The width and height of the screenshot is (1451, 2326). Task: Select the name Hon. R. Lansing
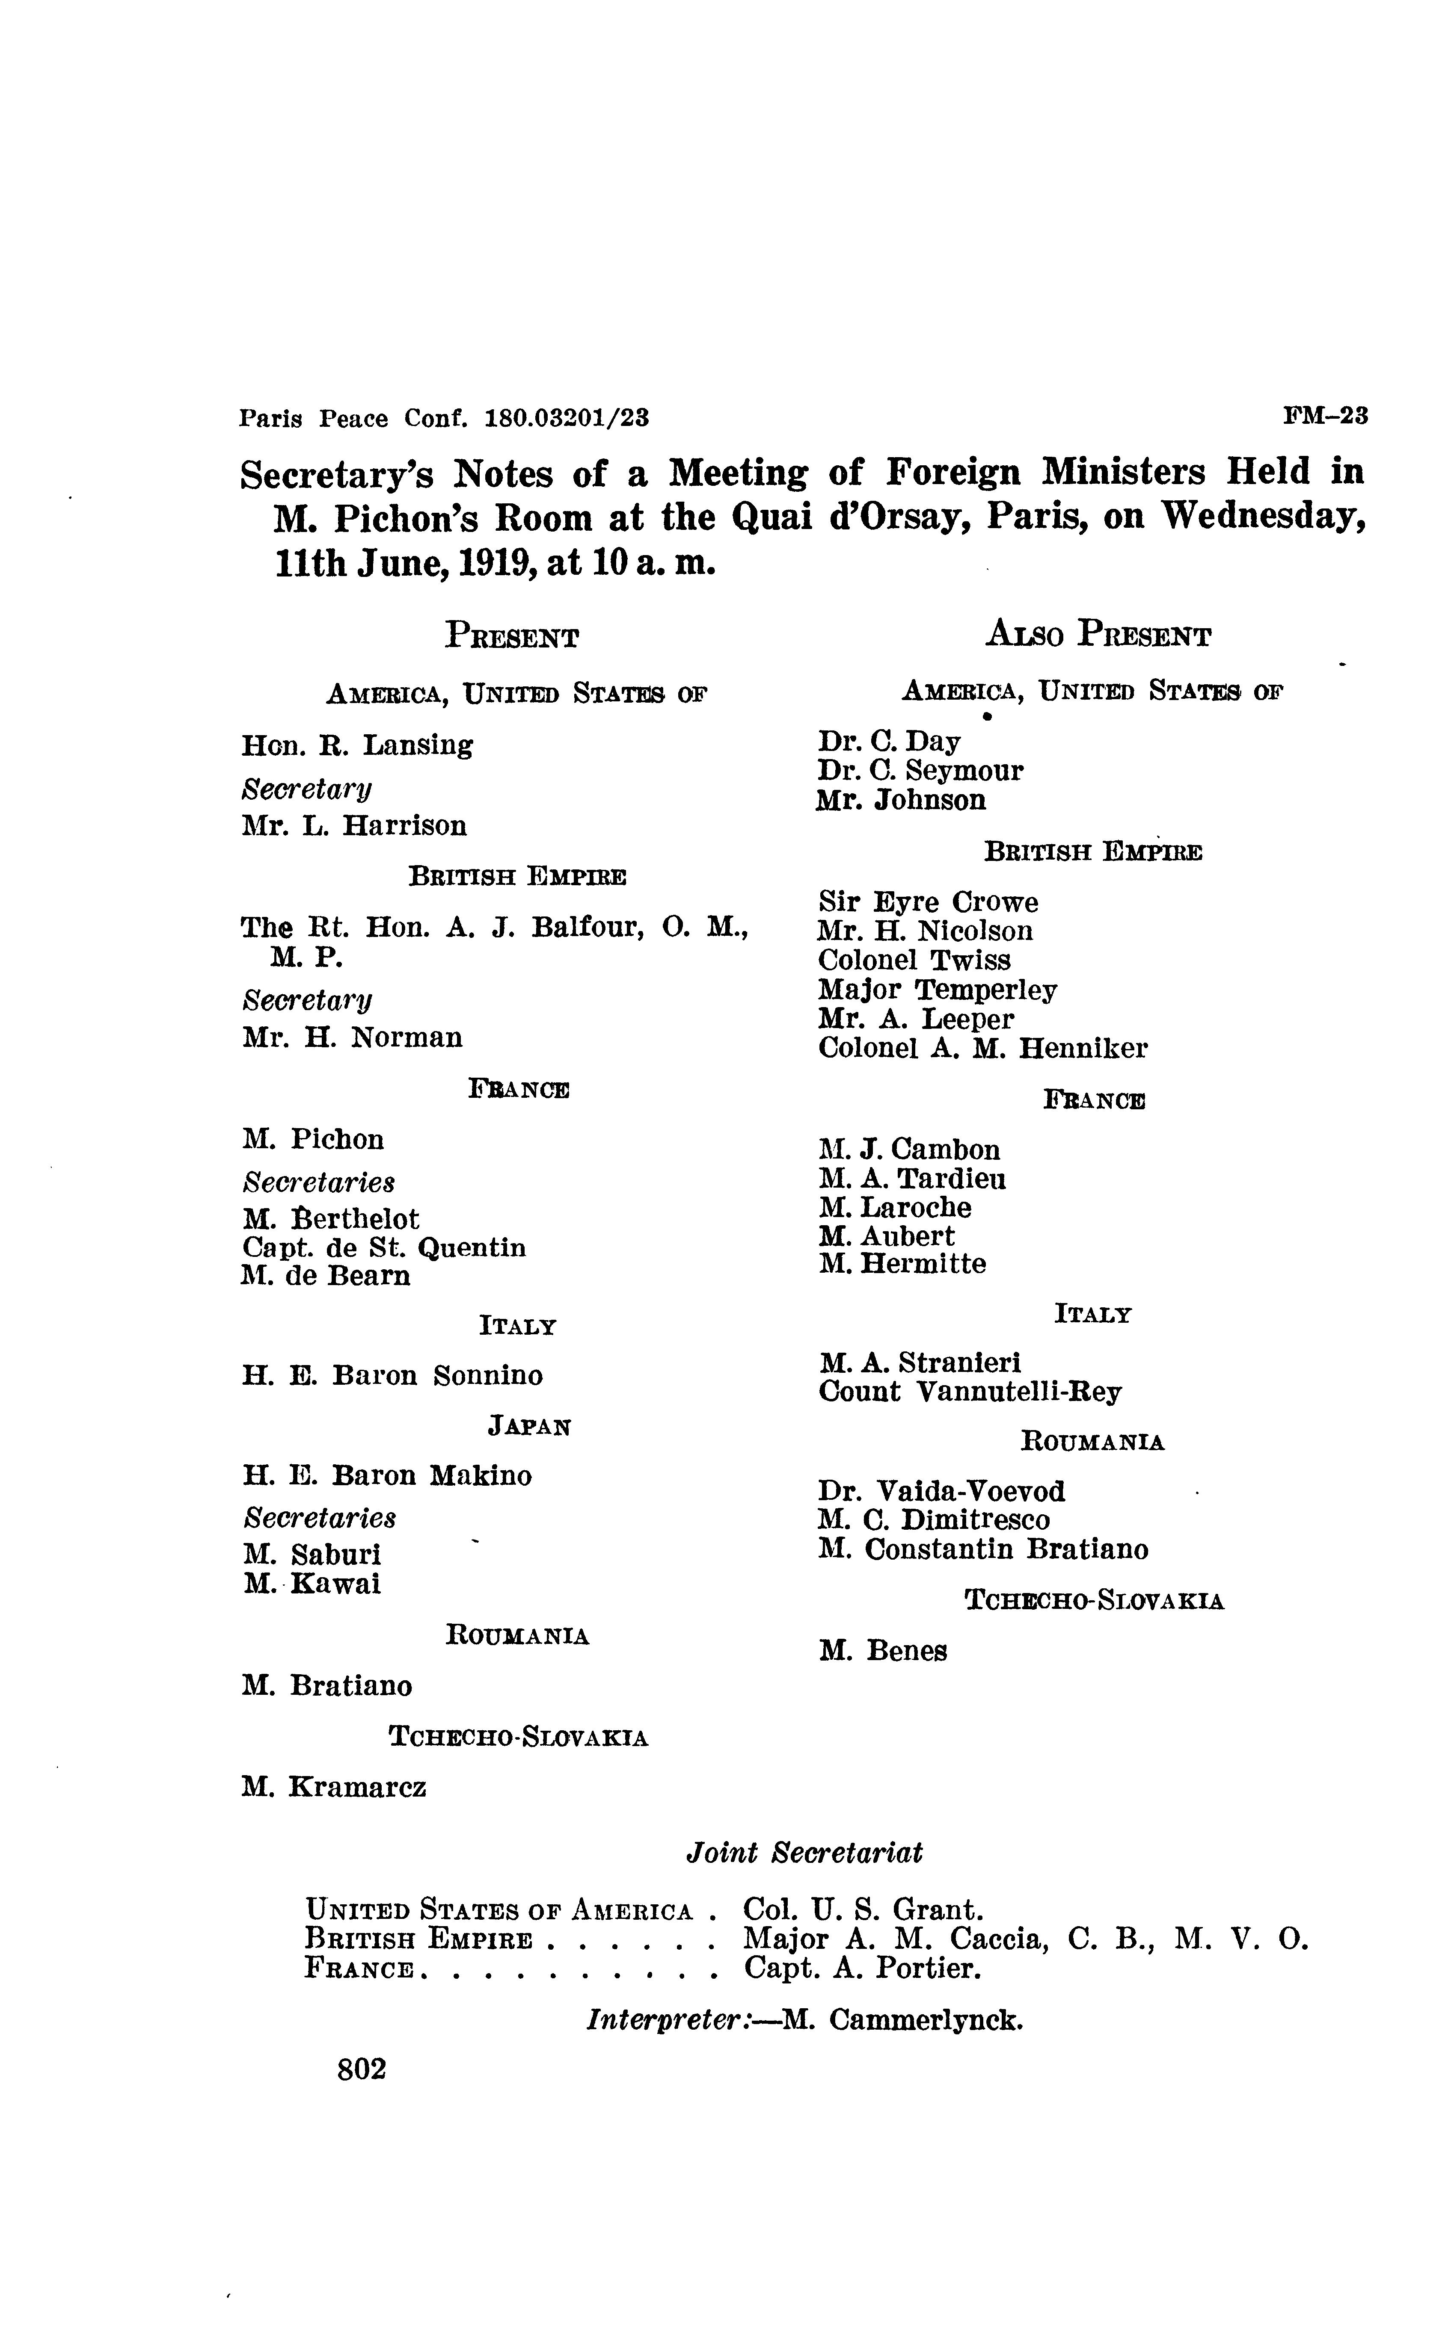[357, 745]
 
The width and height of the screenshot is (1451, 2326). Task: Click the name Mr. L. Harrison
[354, 826]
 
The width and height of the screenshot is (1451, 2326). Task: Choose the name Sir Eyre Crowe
[928, 903]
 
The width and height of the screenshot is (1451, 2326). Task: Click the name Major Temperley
[938, 990]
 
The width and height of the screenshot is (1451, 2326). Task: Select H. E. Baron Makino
[387, 1475]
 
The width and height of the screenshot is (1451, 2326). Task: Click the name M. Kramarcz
[334, 1787]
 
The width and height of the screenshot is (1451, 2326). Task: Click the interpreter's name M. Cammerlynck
[903, 2020]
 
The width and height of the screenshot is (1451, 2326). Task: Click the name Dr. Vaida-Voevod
[941, 1492]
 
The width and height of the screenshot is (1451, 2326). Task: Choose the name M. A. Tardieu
[913, 1179]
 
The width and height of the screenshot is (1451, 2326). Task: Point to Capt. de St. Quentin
[384, 1248]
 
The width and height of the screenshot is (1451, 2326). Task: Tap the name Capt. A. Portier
[863, 1968]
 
